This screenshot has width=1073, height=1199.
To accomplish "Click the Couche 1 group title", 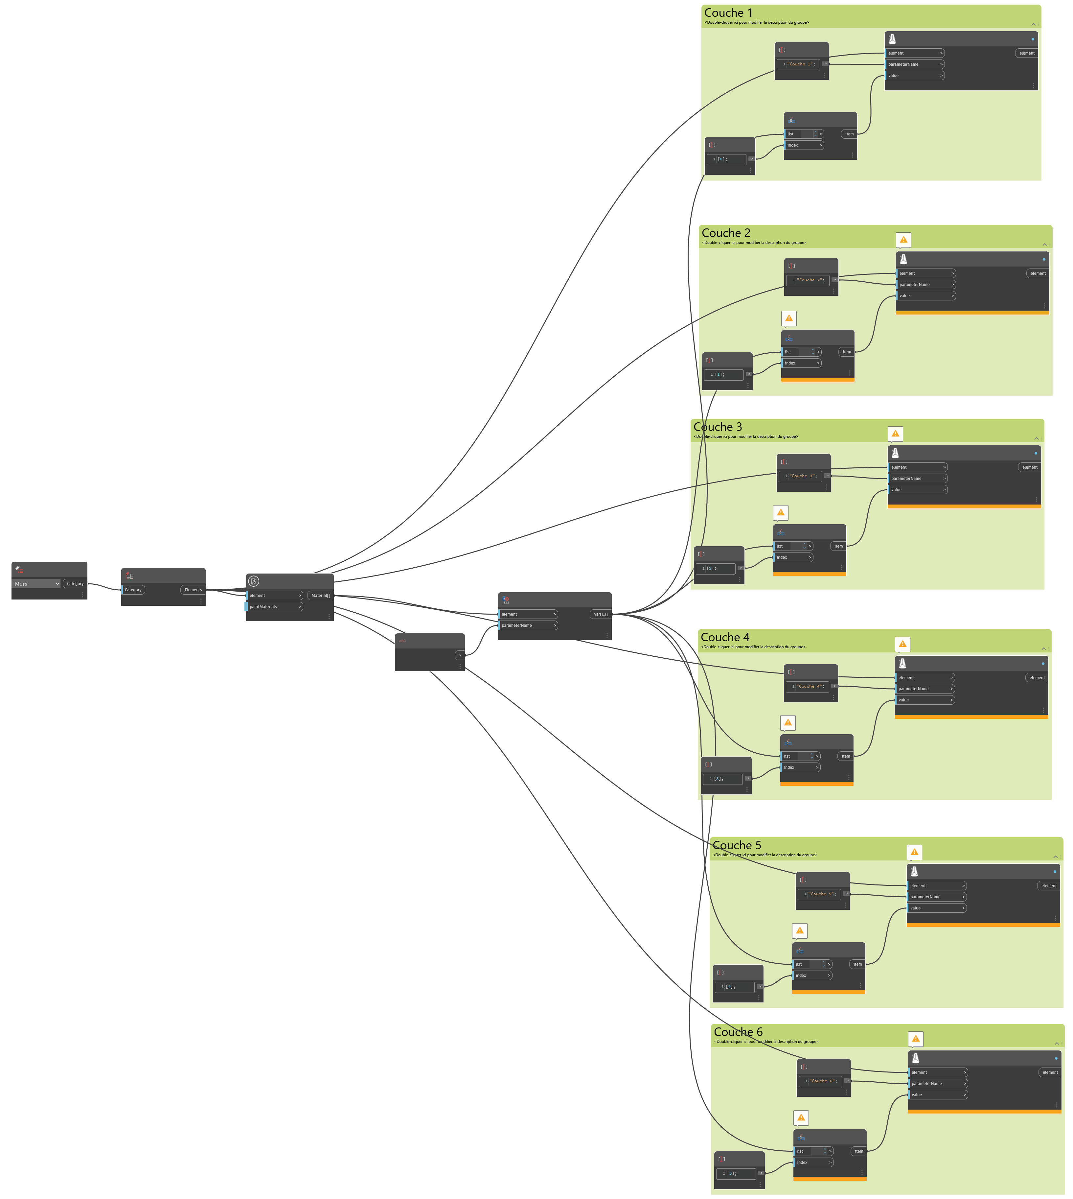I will (x=728, y=13).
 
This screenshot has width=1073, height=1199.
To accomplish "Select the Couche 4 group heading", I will (x=724, y=637).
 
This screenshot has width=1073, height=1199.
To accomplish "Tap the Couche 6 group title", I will (x=738, y=1031).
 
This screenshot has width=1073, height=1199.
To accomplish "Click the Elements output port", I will (x=193, y=590).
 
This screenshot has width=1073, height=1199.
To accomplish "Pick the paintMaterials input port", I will (x=274, y=606).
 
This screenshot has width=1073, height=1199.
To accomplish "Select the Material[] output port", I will (x=320, y=596).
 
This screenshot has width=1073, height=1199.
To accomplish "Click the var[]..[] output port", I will (x=600, y=614).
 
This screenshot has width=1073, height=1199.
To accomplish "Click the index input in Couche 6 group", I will (x=813, y=1163).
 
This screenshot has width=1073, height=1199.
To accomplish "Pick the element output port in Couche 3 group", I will (x=1029, y=467).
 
